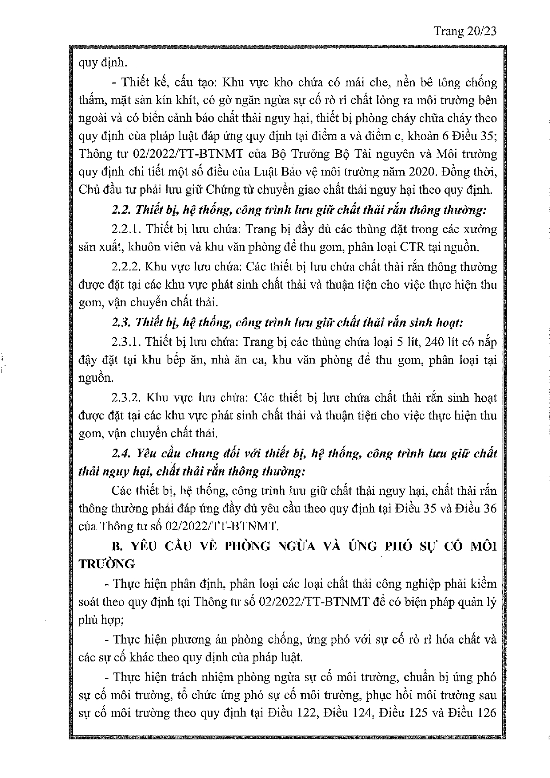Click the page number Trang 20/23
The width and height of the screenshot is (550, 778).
coord(464,31)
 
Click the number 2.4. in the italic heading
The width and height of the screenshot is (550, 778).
coord(121,453)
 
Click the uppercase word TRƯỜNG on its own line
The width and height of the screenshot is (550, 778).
coord(106,564)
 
